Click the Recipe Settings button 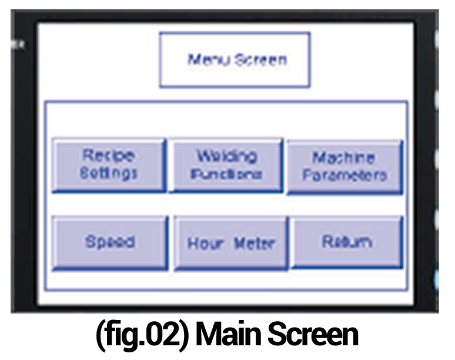(x=109, y=165)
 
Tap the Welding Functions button (x=226, y=165)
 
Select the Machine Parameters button (x=344, y=166)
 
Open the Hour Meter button (x=230, y=243)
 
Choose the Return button (x=347, y=242)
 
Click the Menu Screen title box (x=235, y=60)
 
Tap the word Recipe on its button (x=108, y=156)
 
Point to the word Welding (x=226, y=156)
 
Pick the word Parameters (x=344, y=175)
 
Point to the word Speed (x=110, y=242)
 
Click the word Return (x=347, y=241)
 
